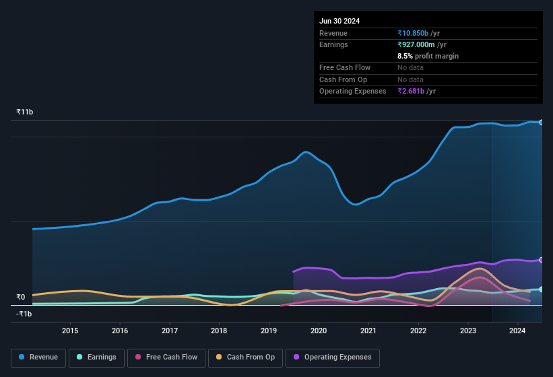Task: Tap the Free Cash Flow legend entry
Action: coord(168,357)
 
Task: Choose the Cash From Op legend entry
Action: coord(246,357)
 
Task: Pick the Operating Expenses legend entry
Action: coord(333,357)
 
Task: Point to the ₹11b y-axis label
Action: coord(25,112)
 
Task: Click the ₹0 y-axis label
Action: coord(21,297)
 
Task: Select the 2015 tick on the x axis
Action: coord(70,331)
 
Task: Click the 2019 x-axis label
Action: coord(269,331)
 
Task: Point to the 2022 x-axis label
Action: coord(418,331)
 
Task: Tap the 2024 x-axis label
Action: coord(517,331)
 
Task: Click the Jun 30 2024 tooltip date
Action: coord(339,21)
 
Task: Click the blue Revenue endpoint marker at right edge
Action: coord(541,122)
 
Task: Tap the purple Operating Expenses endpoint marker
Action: coord(541,260)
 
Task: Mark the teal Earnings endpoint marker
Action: coord(541,289)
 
